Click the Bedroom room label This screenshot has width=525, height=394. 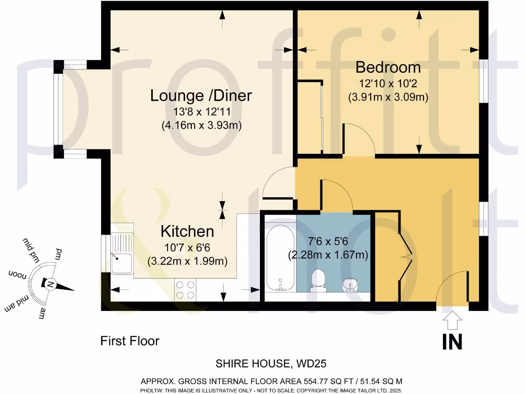(388, 67)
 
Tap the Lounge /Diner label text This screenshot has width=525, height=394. (201, 95)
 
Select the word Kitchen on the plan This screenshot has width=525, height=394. (187, 231)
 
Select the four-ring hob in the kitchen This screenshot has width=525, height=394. (185, 289)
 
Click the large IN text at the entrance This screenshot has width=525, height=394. (452, 342)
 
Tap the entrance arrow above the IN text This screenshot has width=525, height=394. (452, 321)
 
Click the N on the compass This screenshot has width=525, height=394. (50, 284)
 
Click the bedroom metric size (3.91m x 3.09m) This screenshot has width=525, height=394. (388, 96)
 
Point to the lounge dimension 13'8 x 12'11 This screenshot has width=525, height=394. (201, 111)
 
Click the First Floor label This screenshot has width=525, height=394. (130, 341)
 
